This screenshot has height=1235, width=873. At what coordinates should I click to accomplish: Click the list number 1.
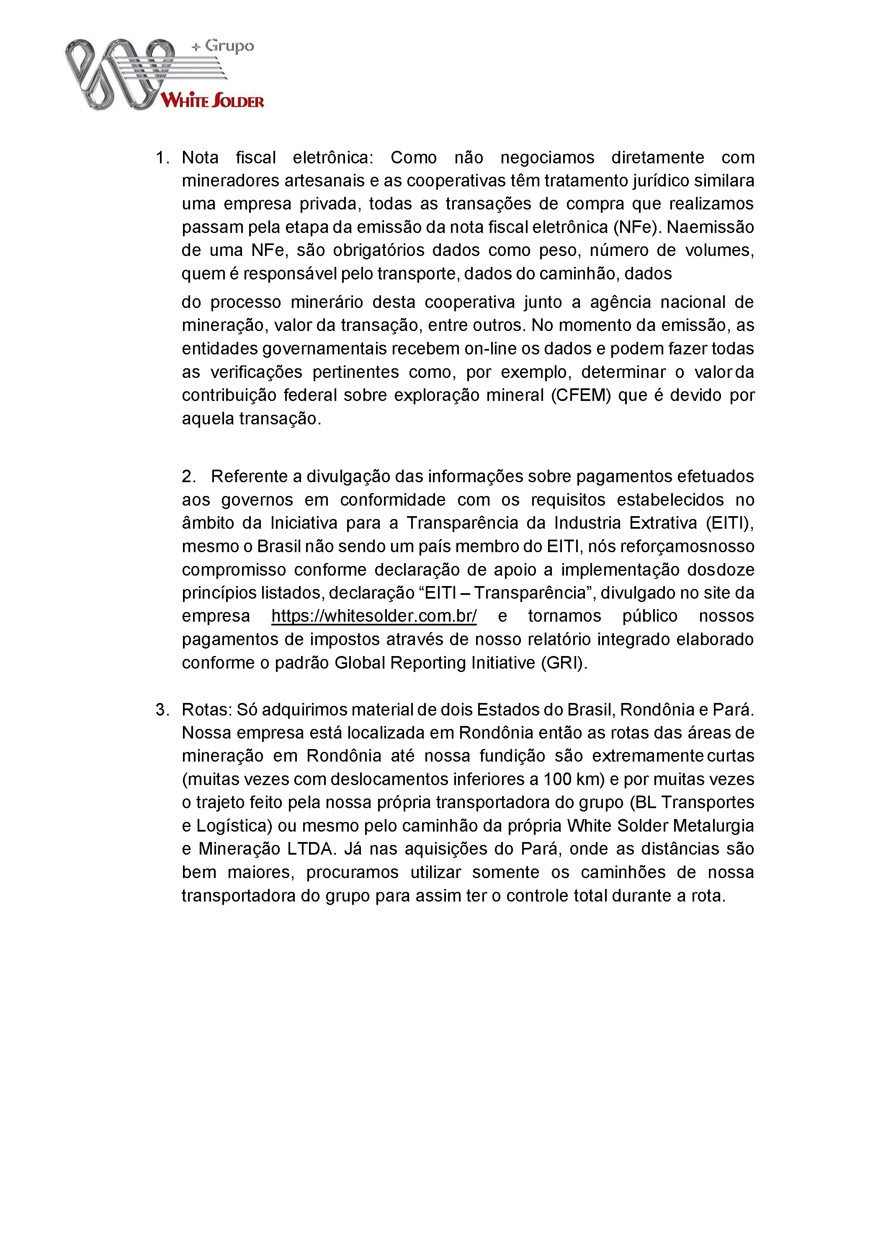[162, 158]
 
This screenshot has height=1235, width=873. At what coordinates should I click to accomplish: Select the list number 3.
[162, 710]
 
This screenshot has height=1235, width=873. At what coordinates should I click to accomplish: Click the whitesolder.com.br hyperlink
[373, 616]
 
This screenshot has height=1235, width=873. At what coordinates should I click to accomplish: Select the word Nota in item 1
[200, 158]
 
